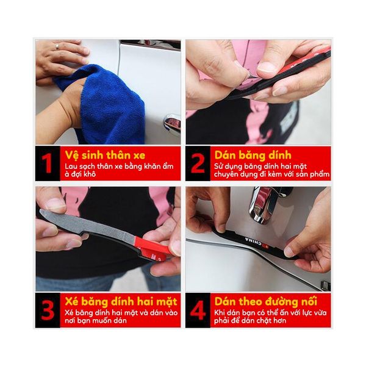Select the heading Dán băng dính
pyautogui.click(x=251, y=154)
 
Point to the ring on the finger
pyautogui.click(x=57, y=46)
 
